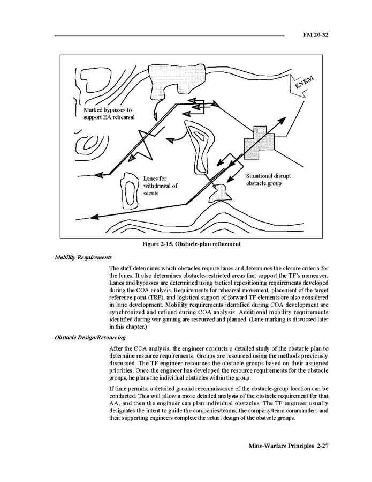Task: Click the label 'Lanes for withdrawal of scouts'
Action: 160,186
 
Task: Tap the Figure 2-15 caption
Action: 191,244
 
